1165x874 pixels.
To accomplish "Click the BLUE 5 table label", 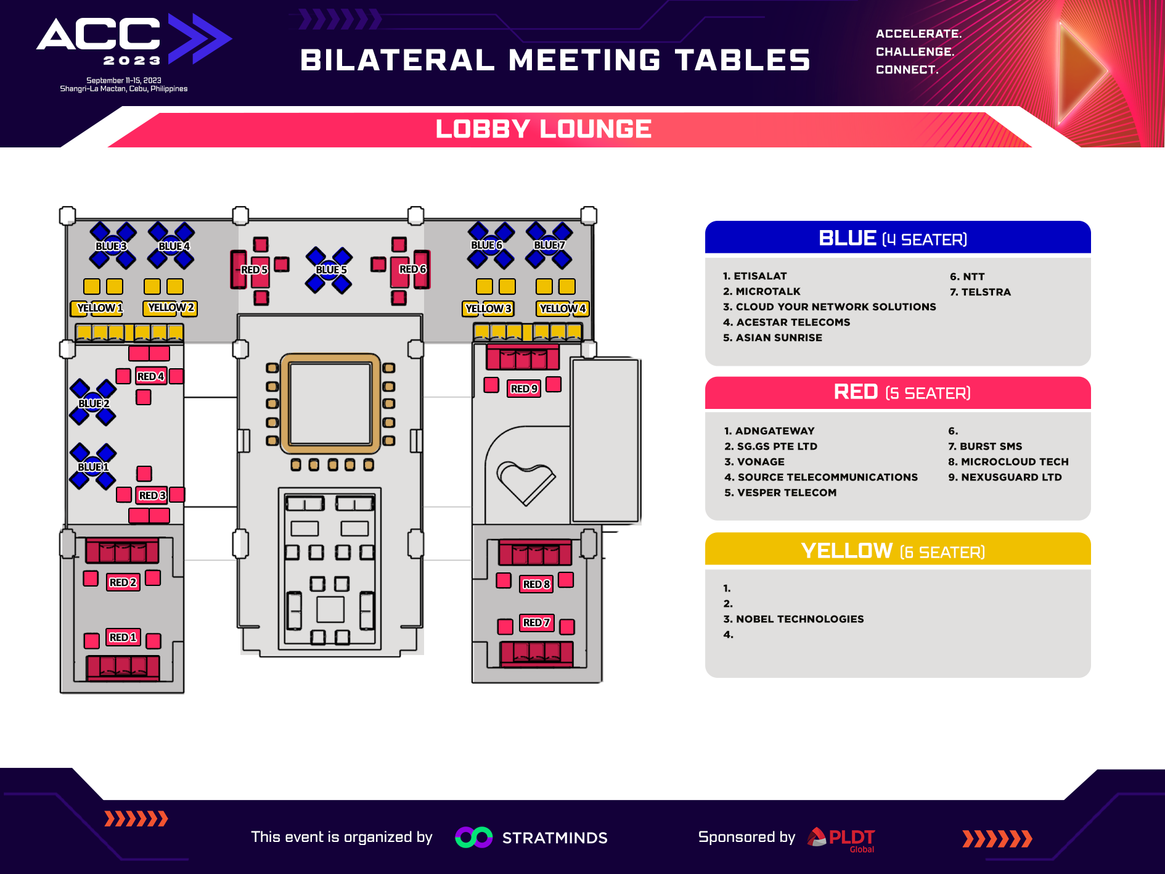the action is [x=331, y=270].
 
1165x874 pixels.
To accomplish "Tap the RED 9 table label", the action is [x=525, y=389].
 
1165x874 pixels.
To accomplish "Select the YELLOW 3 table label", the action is [x=488, y=308].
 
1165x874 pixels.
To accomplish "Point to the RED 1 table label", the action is [x=123, y=637].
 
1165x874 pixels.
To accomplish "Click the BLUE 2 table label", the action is [x=94, y=403].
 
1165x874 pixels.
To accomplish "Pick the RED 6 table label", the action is [x=413, y=269].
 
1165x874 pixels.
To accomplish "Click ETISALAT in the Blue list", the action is [x=760, y=276].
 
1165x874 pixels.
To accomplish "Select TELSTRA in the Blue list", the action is [x=986, y=292].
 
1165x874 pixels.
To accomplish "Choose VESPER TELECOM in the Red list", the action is [x=787, y=493].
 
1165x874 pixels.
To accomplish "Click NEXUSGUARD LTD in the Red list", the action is [x=1012, y=477].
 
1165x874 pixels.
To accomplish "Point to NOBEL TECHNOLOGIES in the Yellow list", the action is [x=800, y=619].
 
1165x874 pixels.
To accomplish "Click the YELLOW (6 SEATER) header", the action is [x=893, y=550].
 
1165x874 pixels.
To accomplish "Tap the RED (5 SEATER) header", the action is [x=902, y=392].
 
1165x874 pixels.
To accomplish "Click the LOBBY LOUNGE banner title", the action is [x=544, y=129].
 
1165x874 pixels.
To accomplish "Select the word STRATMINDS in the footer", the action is [x=555, y=838].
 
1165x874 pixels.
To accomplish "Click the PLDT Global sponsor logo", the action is [x=841, y=839].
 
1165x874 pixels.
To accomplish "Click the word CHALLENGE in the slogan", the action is [x=915, y=52].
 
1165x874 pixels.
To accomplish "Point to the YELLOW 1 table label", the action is [x=100, y=308].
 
